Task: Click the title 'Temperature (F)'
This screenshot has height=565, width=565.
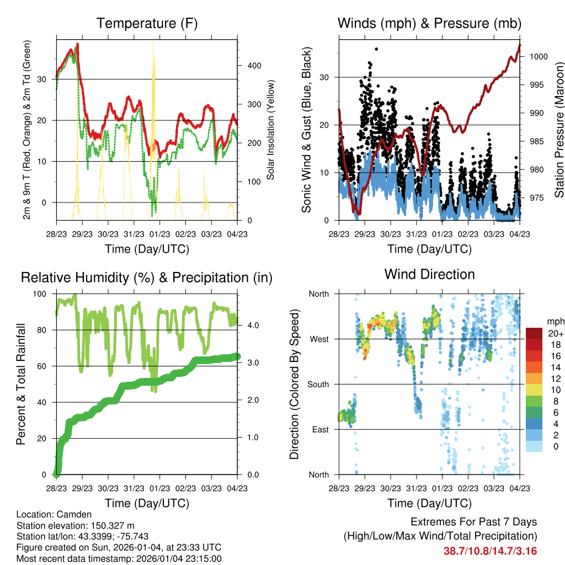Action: [x=147, y=24]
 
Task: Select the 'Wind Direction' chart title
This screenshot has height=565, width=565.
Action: [x=429, y=274]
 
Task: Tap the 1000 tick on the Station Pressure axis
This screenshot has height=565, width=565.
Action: [x=538, y=56]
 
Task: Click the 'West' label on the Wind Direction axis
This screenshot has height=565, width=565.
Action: [x=318, y=339]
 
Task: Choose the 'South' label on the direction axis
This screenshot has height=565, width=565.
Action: [x=317, y=384]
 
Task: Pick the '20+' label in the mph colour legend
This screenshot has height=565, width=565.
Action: [x=555, y=333]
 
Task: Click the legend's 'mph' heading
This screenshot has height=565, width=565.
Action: [x=555, y=321]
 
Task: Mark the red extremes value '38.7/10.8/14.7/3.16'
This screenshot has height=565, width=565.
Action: [x=490, y=551]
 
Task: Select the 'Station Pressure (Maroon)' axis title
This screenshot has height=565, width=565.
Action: [x=559, y=122]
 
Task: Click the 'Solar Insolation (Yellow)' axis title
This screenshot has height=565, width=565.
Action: [x=271, y=130]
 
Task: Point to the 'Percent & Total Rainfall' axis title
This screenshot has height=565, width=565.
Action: [x=20, y=384]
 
